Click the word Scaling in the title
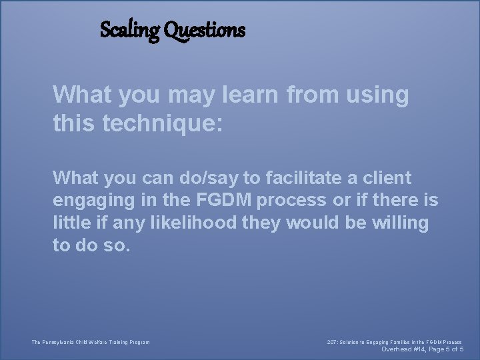point(129,30)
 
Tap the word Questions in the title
point(205,31)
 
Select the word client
point(387,177)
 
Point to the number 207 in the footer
point(332,343)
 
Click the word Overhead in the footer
point(397,349)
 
